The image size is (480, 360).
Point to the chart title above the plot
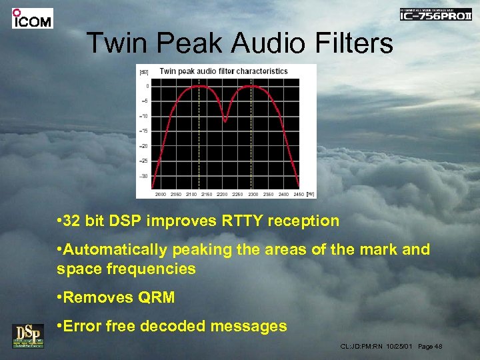point(223,71)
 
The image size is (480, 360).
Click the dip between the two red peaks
point(225,121)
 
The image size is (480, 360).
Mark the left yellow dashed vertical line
point(198,133)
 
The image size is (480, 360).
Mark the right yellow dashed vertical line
point(251,133)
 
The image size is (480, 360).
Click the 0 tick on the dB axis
point(147,86)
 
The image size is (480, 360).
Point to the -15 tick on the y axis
point(144,131)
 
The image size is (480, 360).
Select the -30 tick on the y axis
point(144,176)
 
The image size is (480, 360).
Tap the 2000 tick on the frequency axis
point(161,194)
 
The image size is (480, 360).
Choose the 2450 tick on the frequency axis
point(298,194)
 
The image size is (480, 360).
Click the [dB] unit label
point(143,71)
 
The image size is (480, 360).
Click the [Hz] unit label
point(310,194)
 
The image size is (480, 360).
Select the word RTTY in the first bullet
point(225,221)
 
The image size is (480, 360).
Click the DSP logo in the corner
point(28,335)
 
